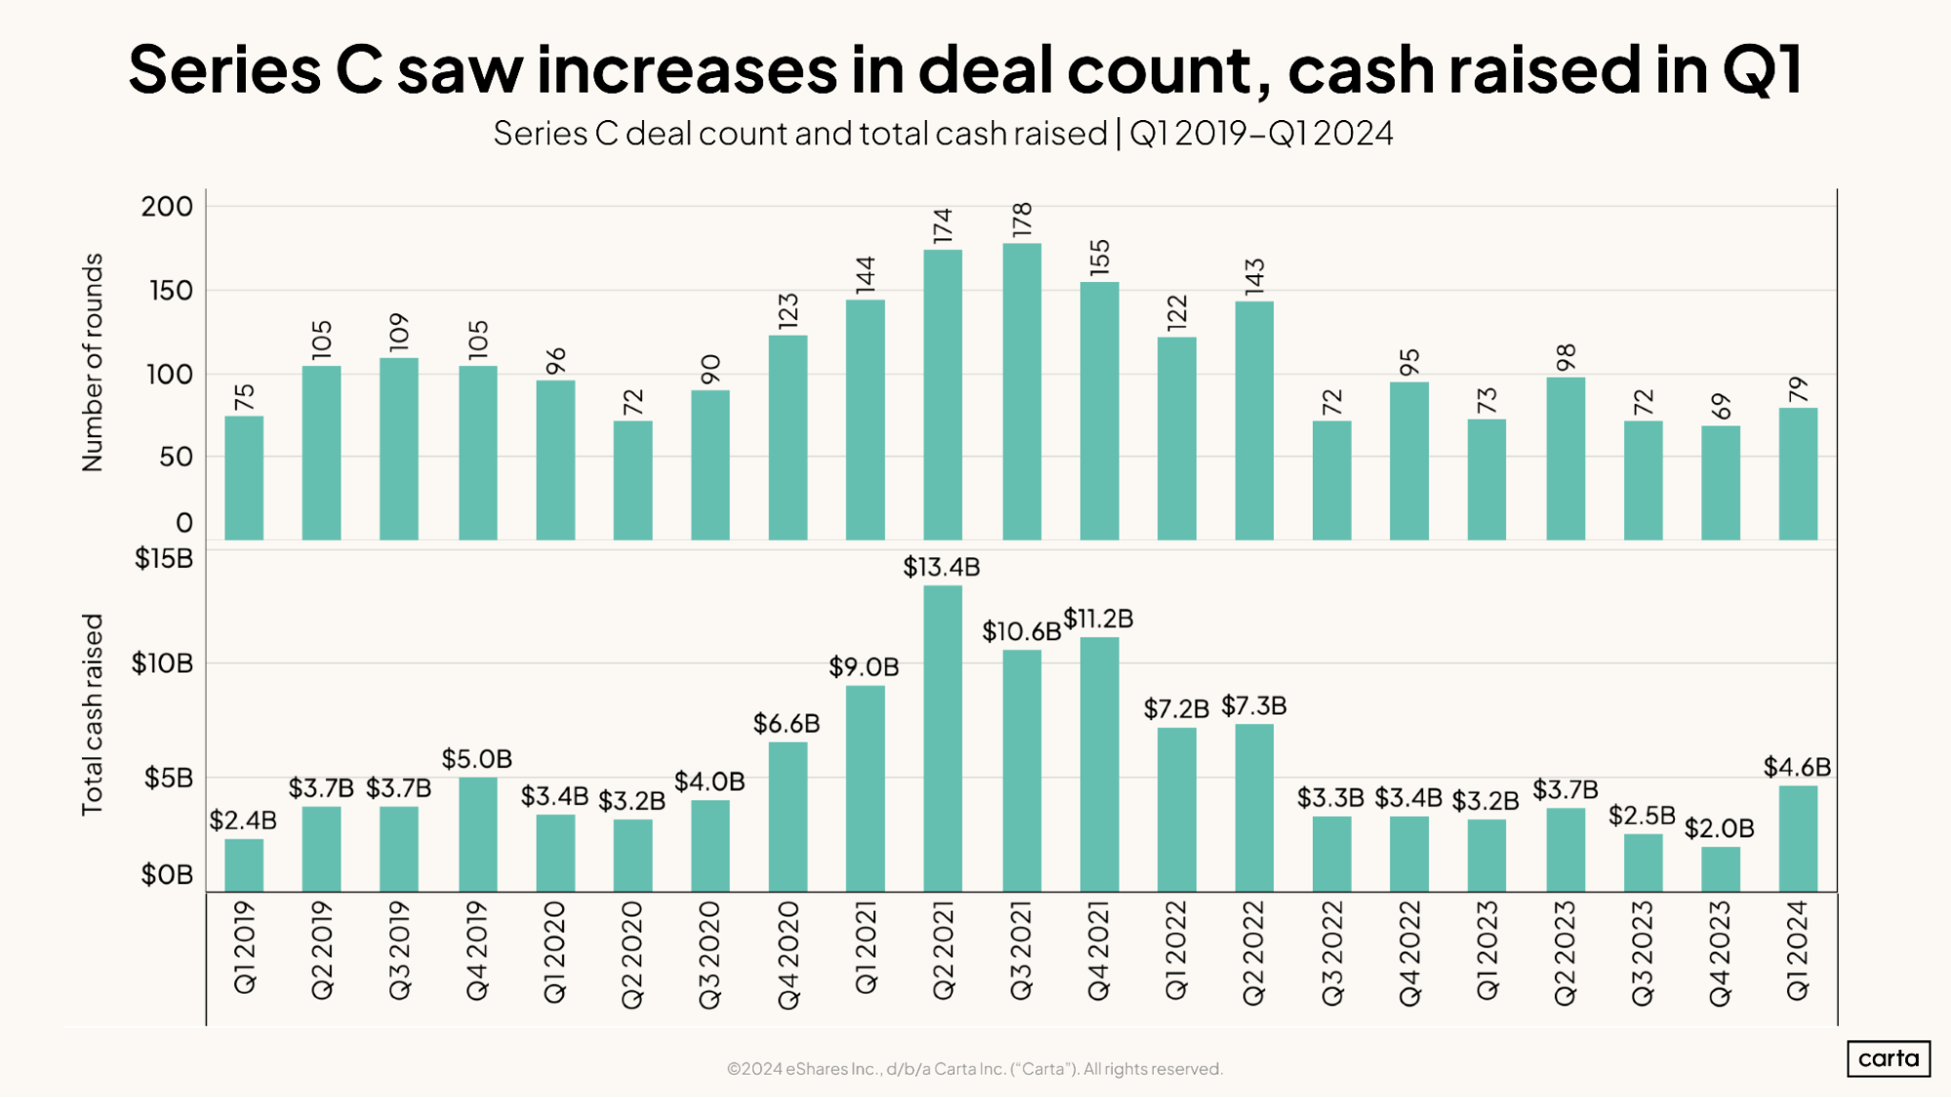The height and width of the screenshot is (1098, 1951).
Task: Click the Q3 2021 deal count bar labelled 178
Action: (1021, 390)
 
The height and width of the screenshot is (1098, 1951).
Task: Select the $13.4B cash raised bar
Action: (942, 738)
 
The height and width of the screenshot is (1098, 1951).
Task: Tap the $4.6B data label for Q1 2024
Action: (1797, 767)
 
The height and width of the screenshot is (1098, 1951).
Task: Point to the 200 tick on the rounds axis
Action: (167, 207)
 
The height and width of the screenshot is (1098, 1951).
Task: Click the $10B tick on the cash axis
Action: (162, 664)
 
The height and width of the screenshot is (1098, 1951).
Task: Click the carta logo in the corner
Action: (1888, 1058)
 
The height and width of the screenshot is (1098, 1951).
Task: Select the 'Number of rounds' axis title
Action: (92, 362)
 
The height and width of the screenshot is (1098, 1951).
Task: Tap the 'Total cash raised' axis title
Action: (92, 714)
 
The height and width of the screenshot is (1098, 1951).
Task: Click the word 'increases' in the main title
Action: (687, 69)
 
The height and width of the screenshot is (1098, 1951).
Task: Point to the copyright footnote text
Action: (974, 1069)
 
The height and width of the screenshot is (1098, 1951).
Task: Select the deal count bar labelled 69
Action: (1720, 482)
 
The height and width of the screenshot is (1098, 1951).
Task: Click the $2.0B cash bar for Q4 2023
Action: (1720, 869)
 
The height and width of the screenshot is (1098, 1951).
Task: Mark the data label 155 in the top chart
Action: (1100, 256)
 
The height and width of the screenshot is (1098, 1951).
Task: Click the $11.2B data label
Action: (1098, 619)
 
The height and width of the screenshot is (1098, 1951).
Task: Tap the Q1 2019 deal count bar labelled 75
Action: (244, 477)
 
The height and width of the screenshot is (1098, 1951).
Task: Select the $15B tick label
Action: (164, 559)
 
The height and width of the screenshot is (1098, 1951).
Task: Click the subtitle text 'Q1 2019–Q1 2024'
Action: (1261, 133)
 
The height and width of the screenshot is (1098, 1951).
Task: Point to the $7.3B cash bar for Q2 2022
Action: (1253, 807)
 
